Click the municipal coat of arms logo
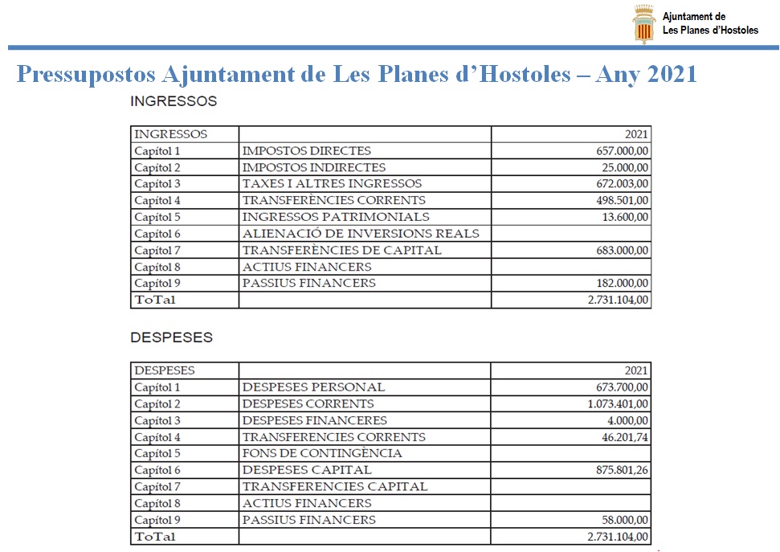644,24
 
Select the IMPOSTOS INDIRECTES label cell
314,168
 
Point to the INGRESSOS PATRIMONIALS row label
336,217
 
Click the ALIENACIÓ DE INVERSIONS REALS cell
361,234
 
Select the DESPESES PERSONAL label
313,387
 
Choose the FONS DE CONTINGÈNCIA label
322,453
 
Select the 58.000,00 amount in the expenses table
624,520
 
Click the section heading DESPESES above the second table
171,337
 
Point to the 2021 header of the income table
636,134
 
